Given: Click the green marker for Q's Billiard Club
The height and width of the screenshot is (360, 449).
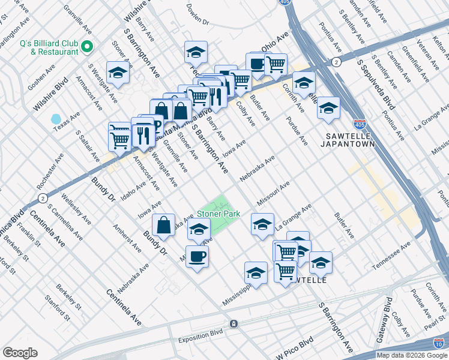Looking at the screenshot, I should pos(87,46).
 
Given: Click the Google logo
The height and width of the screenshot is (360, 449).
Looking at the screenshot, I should pos(20,353).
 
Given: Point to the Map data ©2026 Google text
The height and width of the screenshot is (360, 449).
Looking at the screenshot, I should pos(411,355).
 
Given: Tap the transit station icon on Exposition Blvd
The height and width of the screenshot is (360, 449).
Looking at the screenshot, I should pos(234,323).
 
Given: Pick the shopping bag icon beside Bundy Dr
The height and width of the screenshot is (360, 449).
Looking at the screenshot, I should pos(164,226).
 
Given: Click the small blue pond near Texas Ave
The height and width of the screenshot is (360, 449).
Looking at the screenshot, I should pos(56,119).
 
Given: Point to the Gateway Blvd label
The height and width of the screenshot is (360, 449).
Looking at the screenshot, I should pos(384,320).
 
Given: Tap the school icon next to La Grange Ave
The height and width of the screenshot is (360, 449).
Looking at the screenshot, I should pos(262,224).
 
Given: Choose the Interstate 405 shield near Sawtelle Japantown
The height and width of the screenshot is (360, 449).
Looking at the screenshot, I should pos(360,125).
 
